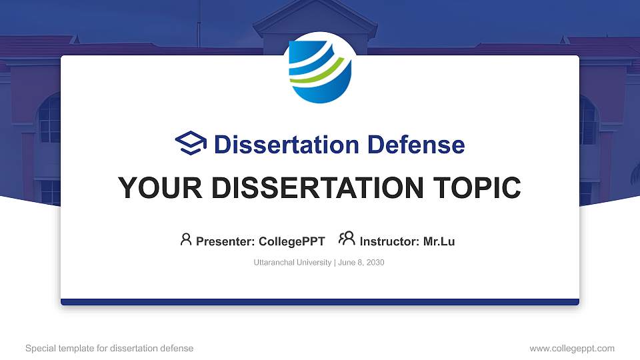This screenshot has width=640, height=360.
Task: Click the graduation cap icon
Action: pos(191,143)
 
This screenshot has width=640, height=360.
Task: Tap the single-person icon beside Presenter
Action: pos(186,239)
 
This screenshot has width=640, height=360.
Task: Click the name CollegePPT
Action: pos(291,241)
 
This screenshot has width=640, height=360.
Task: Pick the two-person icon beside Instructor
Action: pos(347,239)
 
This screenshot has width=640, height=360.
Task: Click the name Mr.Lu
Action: pos(439,241)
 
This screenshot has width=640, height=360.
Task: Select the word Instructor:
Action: pos(389,241)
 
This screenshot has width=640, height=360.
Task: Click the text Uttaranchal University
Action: pos(292,263)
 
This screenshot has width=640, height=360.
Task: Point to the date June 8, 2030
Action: pos(361,263)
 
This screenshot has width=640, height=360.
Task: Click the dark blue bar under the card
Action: pos(320,302)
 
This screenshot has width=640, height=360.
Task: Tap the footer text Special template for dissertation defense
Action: pos(109,348)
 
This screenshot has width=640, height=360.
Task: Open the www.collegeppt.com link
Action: pos(572,348)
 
